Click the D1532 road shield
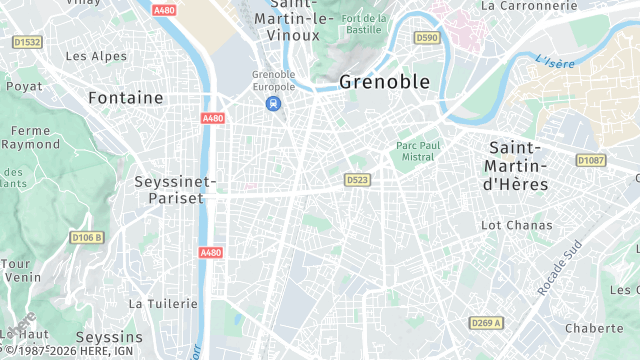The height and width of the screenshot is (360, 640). [x=27, y=42]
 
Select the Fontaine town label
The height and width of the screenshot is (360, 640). [x=125, y=98]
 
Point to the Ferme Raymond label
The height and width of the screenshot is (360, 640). [x=31, y=137]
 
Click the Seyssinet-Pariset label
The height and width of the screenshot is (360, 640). [x=168, y=190]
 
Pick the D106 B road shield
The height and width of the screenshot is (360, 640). [x=88, y=237]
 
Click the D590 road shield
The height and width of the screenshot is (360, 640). [x=426, y=38]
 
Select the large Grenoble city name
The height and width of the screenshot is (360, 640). [x=385, y=82]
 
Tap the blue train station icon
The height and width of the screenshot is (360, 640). [x=272, y=103]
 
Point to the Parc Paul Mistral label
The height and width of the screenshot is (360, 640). [x=418, y=149]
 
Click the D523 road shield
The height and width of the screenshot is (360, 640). [x=357, y=180]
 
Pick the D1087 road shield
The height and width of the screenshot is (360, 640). [x=591, y=160]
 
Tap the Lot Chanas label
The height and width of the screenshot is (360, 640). [x=516, y=226]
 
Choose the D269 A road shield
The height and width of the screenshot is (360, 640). [x=485, y=323]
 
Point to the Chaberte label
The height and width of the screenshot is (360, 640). [x=594, y=328]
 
